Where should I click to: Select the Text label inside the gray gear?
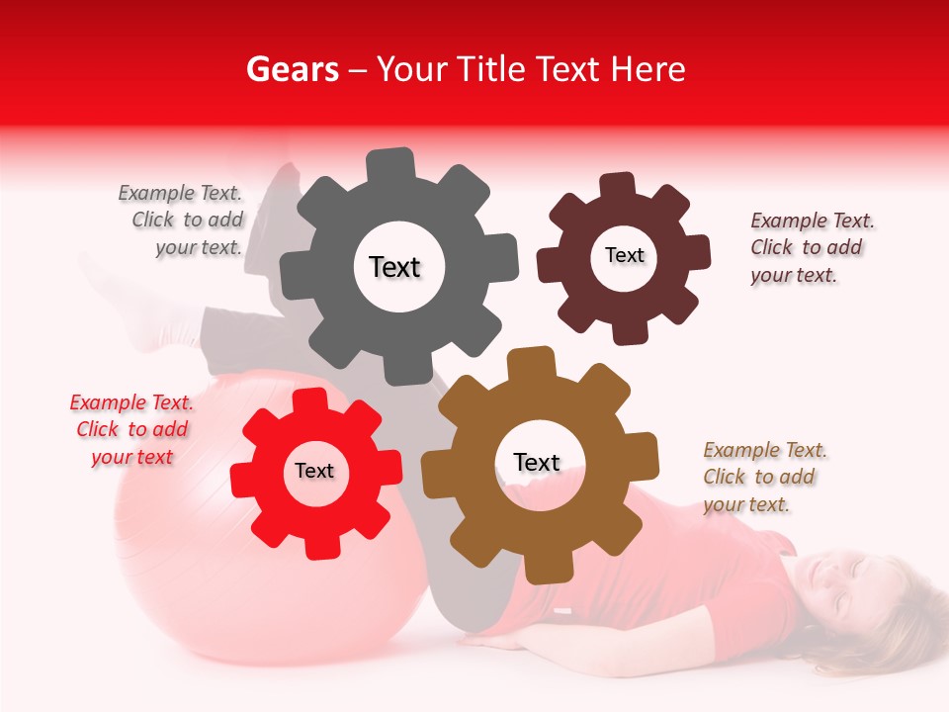[x=394, y=267]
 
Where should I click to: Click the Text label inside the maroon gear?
[x=624, y=255]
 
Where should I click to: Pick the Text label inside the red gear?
[x=314, y=471]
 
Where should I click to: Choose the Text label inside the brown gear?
[x=537, y=462]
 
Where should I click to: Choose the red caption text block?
[x=132, y=429]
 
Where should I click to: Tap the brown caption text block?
[x=763, y=477]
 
